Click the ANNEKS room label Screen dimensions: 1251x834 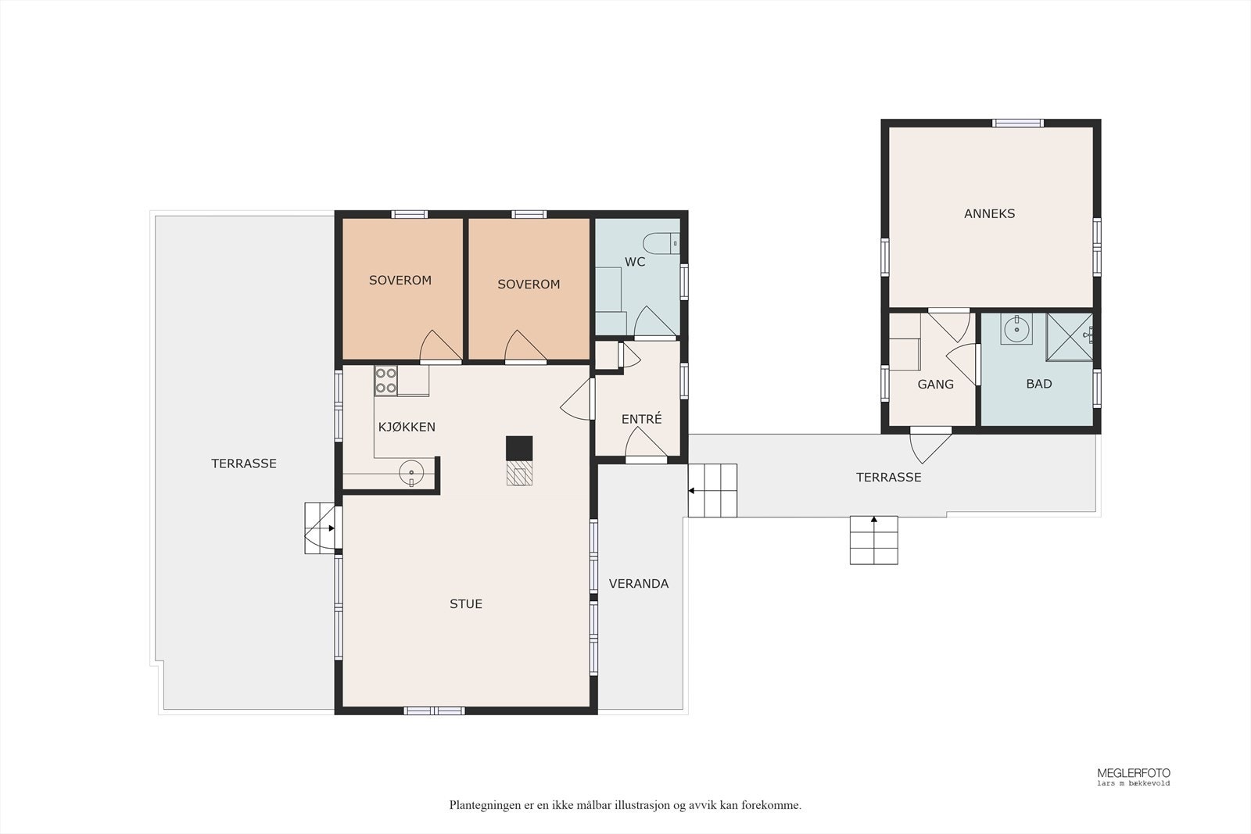(989, 213)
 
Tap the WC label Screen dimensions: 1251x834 (635, 262)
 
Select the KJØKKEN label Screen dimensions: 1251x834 (407, 427)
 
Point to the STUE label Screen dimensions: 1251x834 (466, 603)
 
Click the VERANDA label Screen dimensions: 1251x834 (638, 583)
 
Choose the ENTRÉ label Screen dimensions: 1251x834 (642, 419)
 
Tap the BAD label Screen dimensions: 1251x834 (1039, 384)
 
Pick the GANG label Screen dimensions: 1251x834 (935, 384)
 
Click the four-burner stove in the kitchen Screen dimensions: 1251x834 (386, 381)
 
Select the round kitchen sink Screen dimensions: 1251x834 (411, 472)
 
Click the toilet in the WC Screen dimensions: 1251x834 (661, 244)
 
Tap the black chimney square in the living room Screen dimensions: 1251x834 (519, 448)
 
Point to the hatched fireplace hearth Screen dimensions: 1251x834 (519, 473)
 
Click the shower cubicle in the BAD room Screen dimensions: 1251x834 (1070, 337)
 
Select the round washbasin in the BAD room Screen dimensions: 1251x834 (1016, 329)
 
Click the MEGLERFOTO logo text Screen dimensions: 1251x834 (1134, 773)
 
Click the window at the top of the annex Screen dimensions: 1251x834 (1017, 123)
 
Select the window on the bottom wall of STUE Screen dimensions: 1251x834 (434, 711)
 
